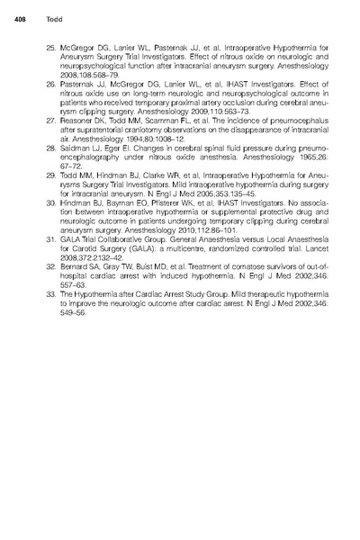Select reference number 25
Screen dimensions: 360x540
(49, 42)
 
